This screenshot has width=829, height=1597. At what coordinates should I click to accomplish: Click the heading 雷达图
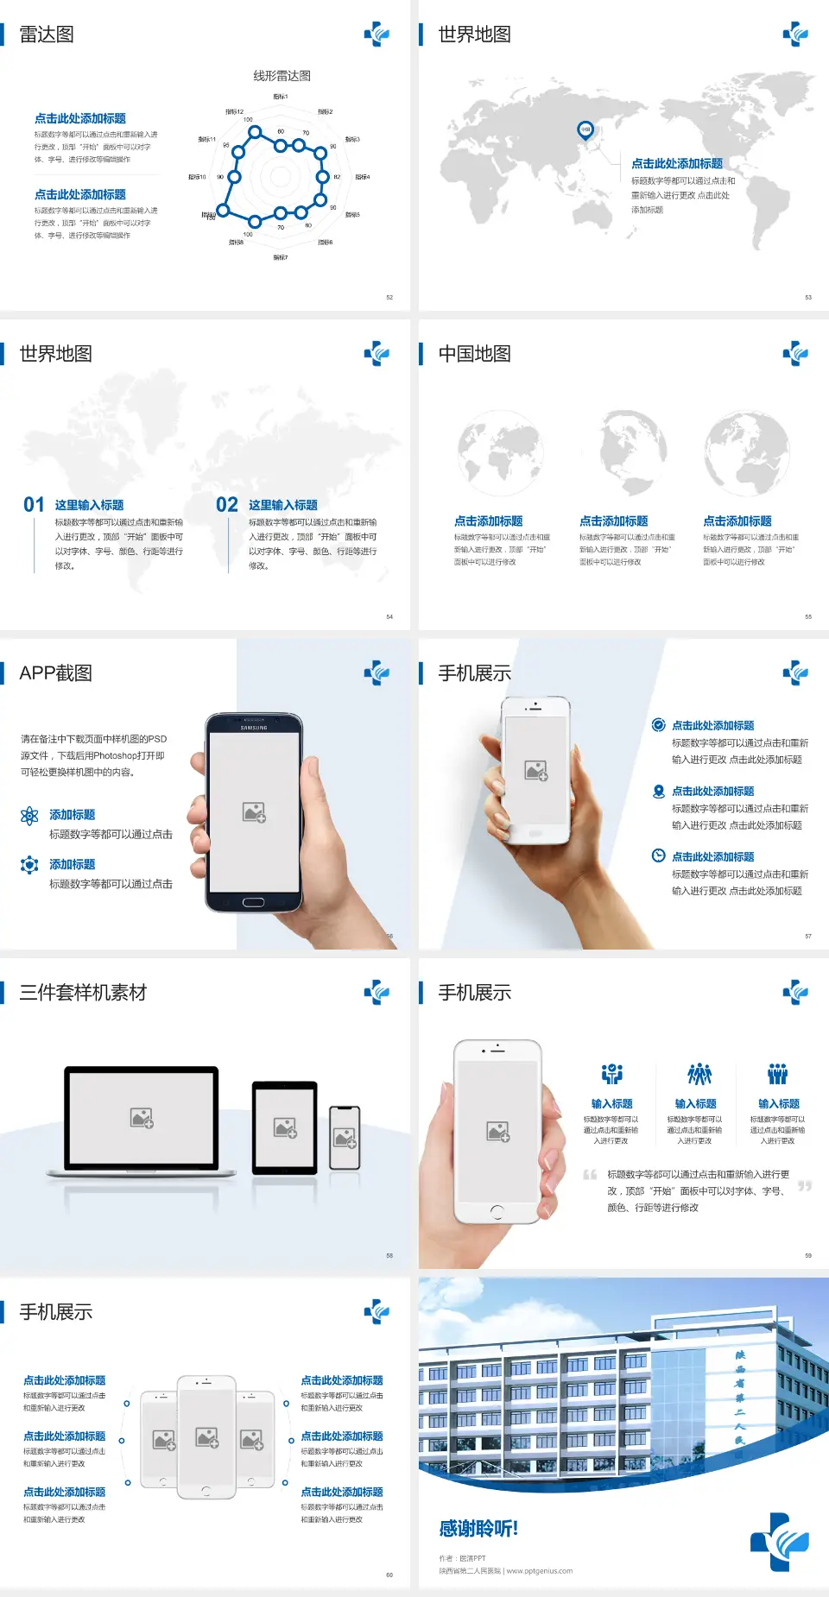(x=47, y=35)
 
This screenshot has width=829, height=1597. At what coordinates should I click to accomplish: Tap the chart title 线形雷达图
(x=282, y=76)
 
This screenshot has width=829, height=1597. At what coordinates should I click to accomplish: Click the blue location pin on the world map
(x=585, y=130)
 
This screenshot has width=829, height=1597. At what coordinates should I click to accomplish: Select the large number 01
(x=34, y=505)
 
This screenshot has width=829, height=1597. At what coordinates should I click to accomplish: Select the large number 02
(x=227, y=505)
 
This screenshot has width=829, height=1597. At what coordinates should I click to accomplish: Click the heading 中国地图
(x=474, y=354)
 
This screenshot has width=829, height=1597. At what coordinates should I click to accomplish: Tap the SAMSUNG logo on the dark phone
(x=254, y=728)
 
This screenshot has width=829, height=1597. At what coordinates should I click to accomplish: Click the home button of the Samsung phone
(x=253, y=902)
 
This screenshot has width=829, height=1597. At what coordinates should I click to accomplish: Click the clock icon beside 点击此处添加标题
(x=658, y=855)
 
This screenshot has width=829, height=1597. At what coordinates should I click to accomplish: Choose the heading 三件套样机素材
(x=83, y=993)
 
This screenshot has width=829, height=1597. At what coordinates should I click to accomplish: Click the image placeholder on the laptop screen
(x=142, y=1118)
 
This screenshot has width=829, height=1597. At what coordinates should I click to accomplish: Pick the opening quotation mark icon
(x=590, y=1174)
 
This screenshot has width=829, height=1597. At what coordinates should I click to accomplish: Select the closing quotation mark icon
(x=805, y=1186)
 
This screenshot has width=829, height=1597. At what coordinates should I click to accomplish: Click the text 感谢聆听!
(x=478, y=1529)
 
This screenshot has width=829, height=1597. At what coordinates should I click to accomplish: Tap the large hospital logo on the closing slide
(x=780, y=1542)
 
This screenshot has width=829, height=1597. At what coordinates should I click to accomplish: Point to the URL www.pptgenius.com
(x=540, y=1571)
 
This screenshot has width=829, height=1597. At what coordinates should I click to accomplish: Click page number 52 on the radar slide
(x=389, y=297)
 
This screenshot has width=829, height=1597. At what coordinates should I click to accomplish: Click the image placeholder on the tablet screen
(x=285, y=1127)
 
